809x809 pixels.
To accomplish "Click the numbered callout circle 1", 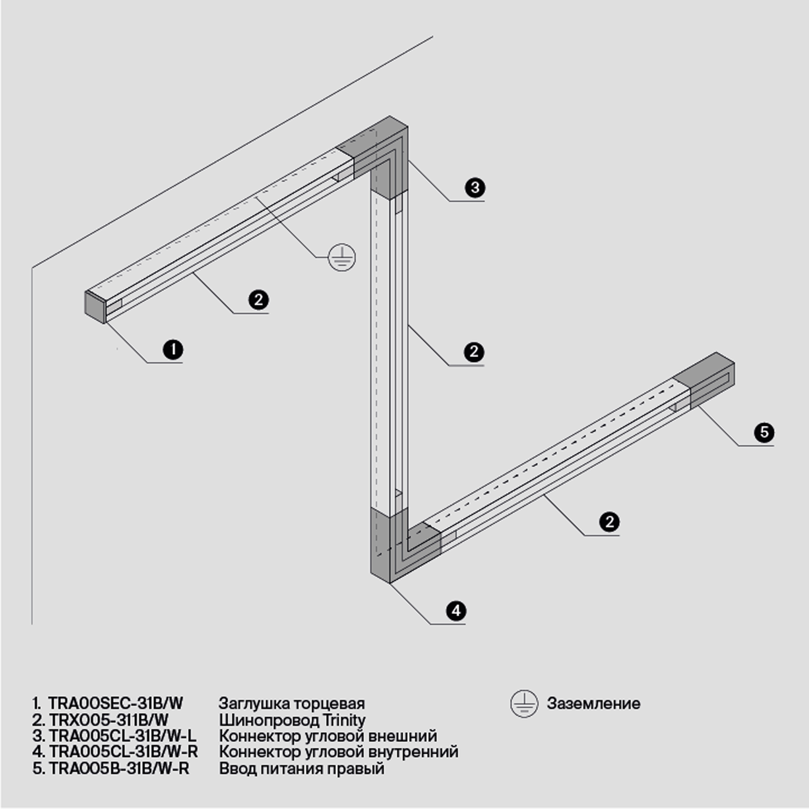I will (173, 349).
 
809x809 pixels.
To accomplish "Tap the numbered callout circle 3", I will (475, 187).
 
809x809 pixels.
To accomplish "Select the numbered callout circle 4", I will (456, 610).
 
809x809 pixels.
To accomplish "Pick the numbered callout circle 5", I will (764, 432).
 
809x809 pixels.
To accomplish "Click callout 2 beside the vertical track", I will (474, 352).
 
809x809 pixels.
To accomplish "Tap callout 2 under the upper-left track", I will (258, 300).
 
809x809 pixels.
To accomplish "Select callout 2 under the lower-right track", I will (609, 522).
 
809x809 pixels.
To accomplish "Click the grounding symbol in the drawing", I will (342, 257).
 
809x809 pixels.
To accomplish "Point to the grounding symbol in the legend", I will (524, 704).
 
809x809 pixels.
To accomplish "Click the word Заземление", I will (593, 704).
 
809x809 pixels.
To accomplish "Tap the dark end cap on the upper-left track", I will (95, 305).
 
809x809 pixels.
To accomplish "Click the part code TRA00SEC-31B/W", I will (116, 703).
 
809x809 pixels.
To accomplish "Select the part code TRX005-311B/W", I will (109, 720).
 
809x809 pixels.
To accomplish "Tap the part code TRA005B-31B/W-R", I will (119, 769).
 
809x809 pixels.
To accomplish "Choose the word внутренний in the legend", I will (413, 752).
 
